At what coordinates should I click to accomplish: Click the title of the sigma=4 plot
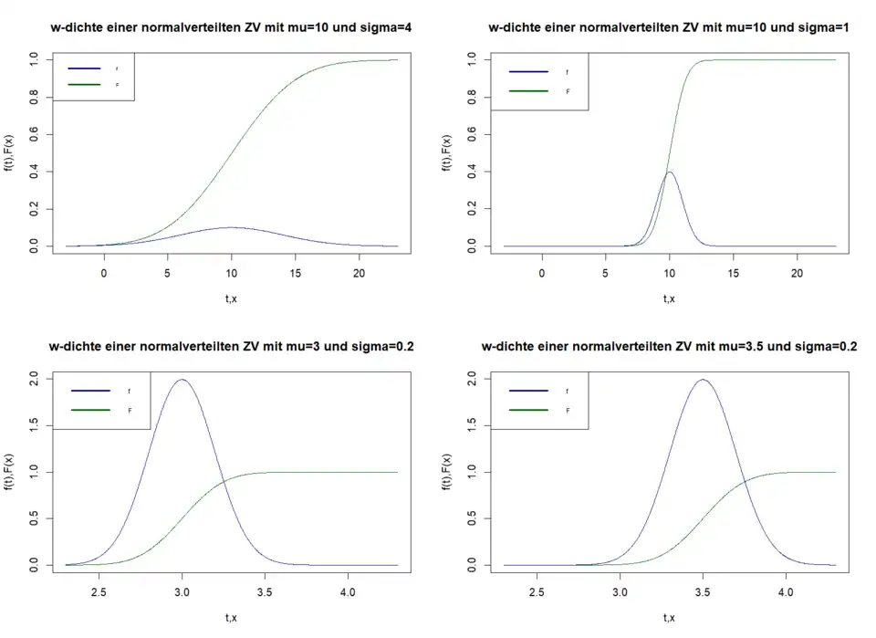(x=232, y=27)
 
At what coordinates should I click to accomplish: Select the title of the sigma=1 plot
(x=669, y=27)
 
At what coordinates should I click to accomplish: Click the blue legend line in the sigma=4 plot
(x=84, y=68)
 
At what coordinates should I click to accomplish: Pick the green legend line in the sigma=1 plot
(x=527, y=91)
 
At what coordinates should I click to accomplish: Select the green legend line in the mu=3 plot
(x=89, y=410)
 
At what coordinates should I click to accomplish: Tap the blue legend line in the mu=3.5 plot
(x=527, y=390)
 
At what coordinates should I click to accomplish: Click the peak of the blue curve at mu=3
(x=182, y=380)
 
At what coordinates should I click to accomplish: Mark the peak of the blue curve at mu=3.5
(x=703, y=380)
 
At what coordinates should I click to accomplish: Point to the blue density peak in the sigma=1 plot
(x=670, y=172)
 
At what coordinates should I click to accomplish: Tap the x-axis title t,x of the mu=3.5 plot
(x=669, y=618)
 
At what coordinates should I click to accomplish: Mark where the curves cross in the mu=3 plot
(x=224, y=480)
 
